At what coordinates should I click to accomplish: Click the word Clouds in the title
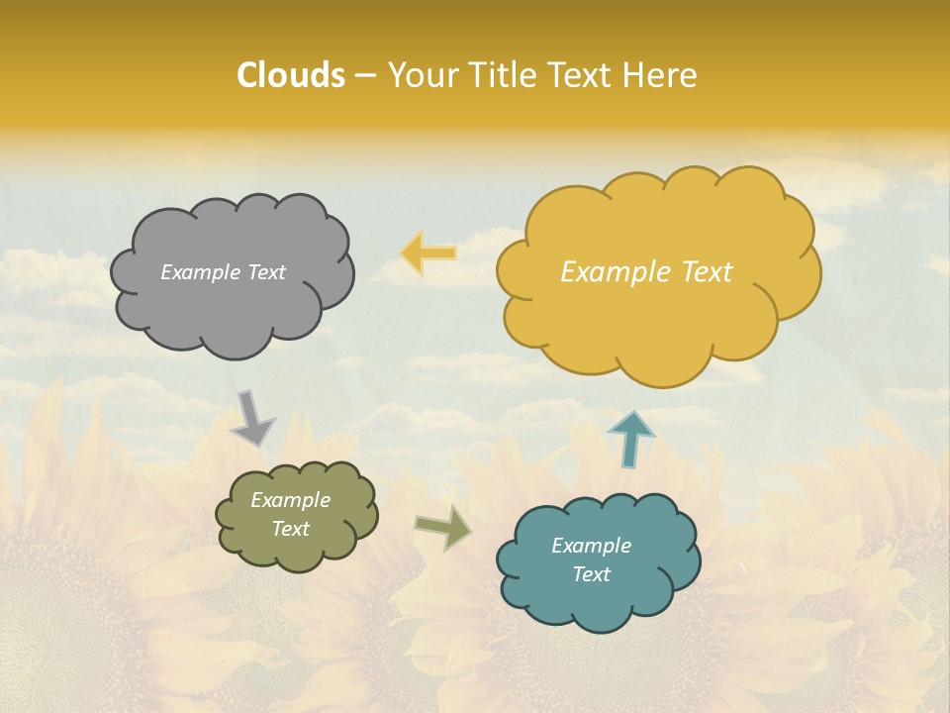[x=291, y=75]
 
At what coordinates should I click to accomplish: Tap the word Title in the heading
[x=503, y=75]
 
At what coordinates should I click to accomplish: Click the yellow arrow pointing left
[x=428, y=254]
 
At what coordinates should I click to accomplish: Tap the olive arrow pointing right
[x=442, y=528]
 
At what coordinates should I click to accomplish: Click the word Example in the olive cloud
[x=290, y=500]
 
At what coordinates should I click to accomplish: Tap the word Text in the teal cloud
[x=591, y=574]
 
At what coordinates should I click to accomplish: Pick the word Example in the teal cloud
[x=591, y=546]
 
